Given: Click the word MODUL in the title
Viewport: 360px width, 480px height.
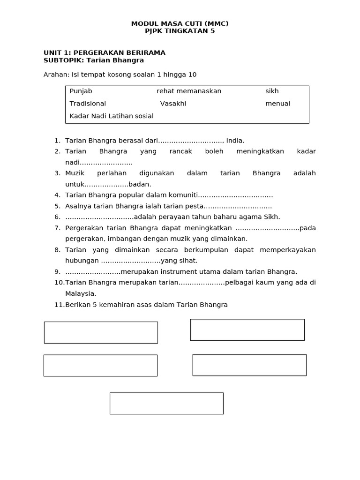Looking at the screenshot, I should click(x=142, y=23).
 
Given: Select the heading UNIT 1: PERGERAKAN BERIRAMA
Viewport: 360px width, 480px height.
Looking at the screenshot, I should click(x=104, y=52).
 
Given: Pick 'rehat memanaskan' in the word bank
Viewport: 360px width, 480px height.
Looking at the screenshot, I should click(x=189, y=91).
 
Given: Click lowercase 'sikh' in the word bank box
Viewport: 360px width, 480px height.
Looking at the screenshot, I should click(x=272, y=91).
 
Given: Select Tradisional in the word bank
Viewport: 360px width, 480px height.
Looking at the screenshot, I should click(x=88, y=104).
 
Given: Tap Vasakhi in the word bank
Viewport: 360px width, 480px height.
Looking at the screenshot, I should click(x=173, y=104).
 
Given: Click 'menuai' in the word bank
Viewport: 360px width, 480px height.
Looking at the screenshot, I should click(x=277, y=104).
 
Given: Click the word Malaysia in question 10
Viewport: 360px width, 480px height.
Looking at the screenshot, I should click(x=80, y=293).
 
